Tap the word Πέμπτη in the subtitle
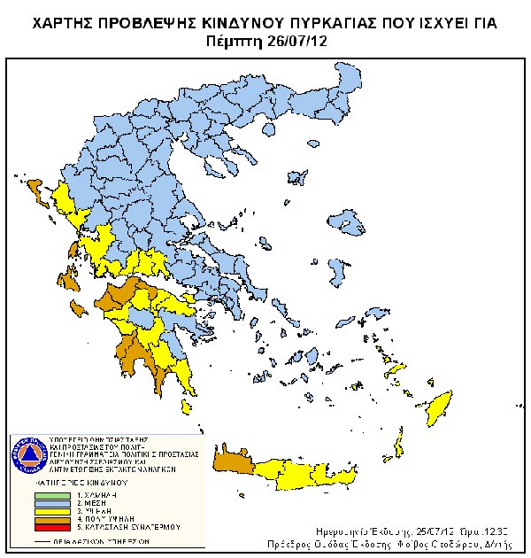pos(233,41)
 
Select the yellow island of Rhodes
pos(438,403)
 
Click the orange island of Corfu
pos(35,189)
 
